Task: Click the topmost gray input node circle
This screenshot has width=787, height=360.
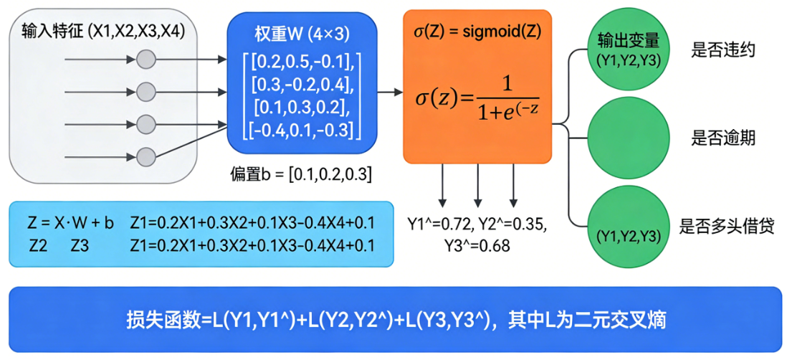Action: [146, 59]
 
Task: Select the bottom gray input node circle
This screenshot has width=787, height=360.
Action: [146, 154]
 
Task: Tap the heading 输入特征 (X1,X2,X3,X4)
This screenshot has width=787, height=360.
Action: [102, 31]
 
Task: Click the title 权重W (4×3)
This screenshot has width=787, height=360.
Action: [301, 33]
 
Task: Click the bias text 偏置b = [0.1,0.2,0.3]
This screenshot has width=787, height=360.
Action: [300, 174]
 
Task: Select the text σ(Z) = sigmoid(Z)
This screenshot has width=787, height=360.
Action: [477, 32]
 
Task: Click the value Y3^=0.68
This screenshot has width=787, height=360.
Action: [477, 246]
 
